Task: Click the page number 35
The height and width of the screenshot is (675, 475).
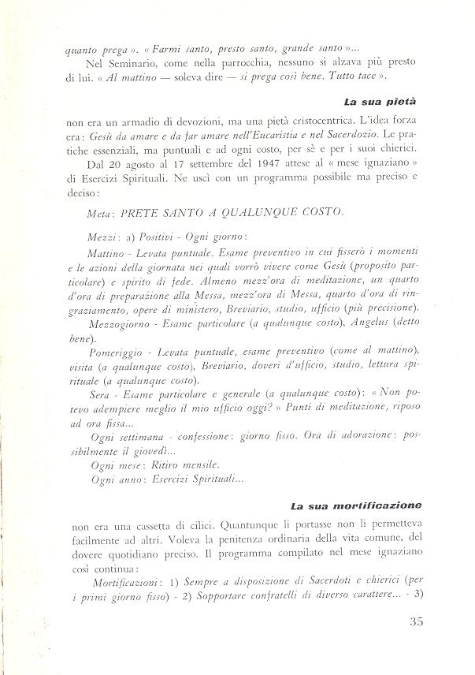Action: tap(417, 621)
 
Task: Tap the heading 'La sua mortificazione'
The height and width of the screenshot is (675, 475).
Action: tap(356, 505)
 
